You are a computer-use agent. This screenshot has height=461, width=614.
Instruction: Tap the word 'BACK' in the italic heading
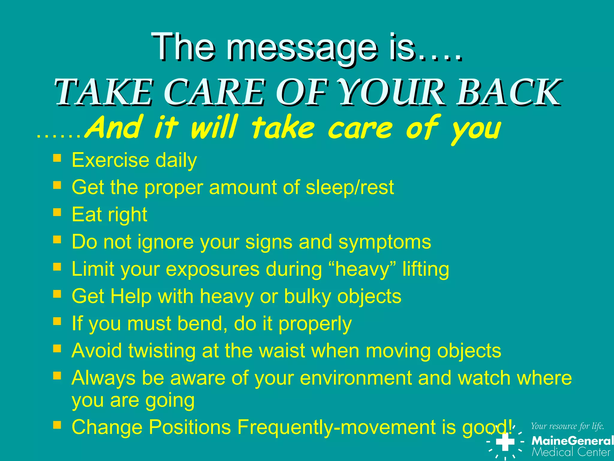pyautogui.click(x=508, y=92)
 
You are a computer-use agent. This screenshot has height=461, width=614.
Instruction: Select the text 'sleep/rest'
pyautogui.click(x=350, y=187)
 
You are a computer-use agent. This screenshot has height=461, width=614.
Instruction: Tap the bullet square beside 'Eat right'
pyautogui.click(x=57, y=212)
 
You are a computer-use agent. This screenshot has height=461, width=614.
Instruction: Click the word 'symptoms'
pyautogui.click(x=385, y=242)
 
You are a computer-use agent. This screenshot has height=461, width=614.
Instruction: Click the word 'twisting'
pyautogui.click(x=162, y=351)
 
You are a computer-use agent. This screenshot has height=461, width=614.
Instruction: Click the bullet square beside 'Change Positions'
pyautogui.click(x=57, y=425)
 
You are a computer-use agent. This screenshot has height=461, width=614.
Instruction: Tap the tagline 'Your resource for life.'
pyautogui.click(x=567, y=426)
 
